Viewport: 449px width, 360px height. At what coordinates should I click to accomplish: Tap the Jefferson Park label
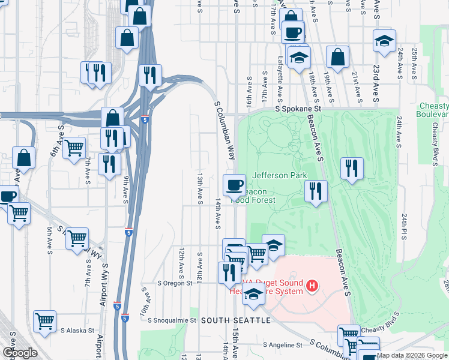[x=280, y=175]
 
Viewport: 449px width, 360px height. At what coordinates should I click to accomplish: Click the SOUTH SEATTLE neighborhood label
[x=236, y=320]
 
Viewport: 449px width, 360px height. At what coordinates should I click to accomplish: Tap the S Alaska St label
[x=77, y=330]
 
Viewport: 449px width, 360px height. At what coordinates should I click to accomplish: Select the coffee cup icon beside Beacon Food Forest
[x=234, y=184]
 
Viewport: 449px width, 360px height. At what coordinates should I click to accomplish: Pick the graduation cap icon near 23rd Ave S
[x=384, y=41]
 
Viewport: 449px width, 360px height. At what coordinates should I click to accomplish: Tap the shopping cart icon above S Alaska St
[x=45, y=322]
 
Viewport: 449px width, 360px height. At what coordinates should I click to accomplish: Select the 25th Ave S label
[x=414, y=65]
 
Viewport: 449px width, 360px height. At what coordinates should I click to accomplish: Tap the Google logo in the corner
[x=19, y=353]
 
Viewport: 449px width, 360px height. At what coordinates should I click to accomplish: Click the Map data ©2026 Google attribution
[x=412, y=355]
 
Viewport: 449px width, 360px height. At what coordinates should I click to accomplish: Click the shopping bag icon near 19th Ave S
[x=338, y=58]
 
